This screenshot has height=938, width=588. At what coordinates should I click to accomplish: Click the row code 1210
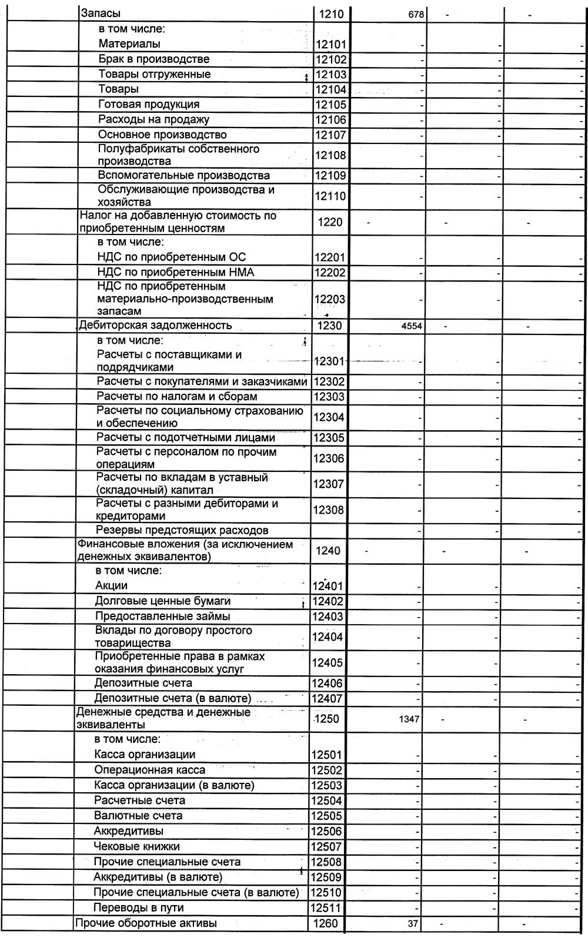[329, 14]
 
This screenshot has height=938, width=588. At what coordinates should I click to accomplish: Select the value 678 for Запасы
[416, 15]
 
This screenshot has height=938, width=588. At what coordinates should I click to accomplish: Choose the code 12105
[331, 105]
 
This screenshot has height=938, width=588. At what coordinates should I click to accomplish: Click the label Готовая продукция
[149, 105]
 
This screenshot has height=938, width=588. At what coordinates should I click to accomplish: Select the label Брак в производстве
[153, 59]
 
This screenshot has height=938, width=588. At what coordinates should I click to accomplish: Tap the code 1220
[329, 222]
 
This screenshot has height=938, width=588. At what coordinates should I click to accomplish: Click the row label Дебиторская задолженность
[155, 326]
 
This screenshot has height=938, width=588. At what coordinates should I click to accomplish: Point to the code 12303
[329, 397]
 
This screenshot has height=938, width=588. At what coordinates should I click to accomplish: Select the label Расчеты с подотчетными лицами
[186, 438]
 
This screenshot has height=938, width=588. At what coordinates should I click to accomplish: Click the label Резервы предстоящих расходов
[182, 530]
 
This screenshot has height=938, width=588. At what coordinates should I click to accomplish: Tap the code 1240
[328, 551]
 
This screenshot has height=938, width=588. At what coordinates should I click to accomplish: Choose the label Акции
[111, 586]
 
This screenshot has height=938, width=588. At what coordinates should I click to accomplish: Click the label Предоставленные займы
[162, 617]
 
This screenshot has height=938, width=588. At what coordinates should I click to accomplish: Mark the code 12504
[327, 800]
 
